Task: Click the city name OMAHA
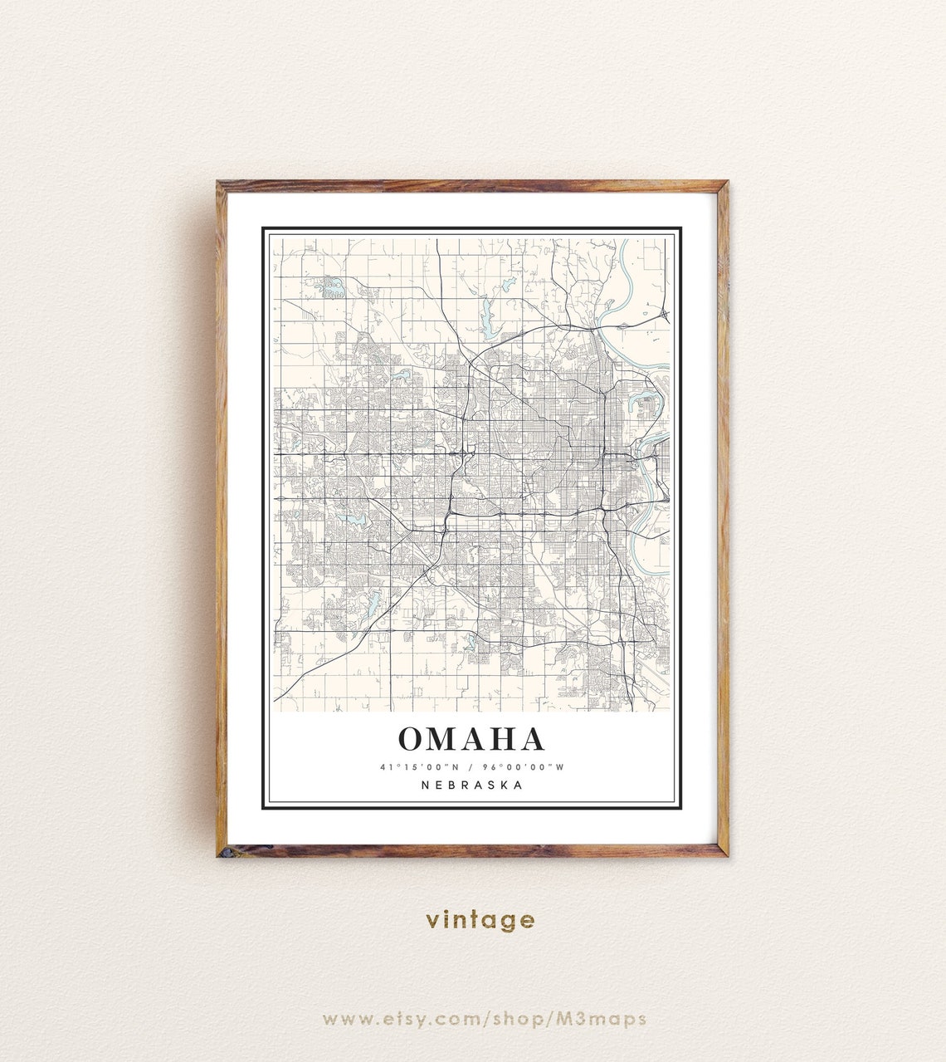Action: point(471,739)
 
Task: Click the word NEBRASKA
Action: point(472,785)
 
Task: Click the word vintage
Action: point(480,920)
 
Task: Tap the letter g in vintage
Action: point(506,922)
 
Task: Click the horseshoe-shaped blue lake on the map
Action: point(646,404)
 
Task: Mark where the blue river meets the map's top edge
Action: point(624,240)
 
